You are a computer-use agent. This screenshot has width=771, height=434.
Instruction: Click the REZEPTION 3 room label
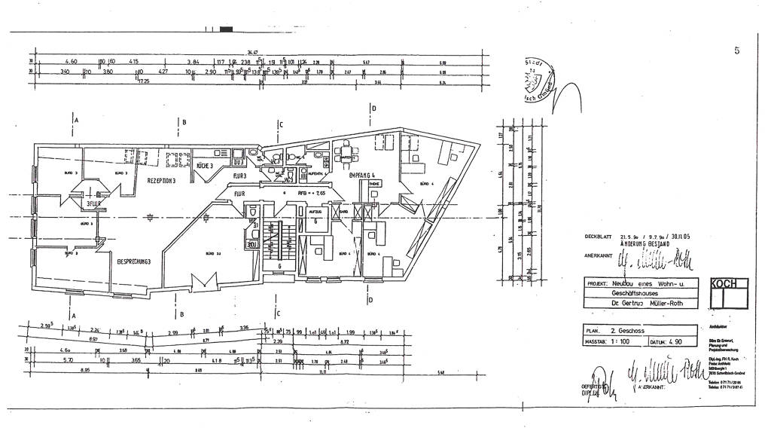click(x=161, y=181)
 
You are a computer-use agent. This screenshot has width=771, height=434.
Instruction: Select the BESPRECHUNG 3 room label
click(x=135, y=261)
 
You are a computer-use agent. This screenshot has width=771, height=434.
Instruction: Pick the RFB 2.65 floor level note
click(x=309, y=194)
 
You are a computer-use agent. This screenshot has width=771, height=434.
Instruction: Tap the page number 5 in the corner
click(x=736, y=50)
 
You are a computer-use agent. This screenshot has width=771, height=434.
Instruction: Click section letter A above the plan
click(x=77, y=120)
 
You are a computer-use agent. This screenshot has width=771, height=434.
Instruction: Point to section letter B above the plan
click(x=184, y=121)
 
